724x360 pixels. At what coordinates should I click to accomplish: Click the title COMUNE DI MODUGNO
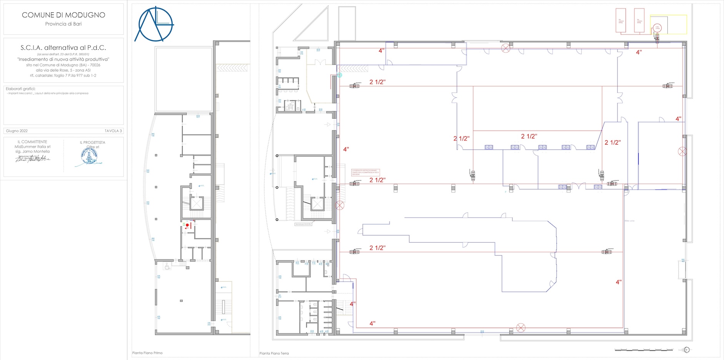[x=63, y=15]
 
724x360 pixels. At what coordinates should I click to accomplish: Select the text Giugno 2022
[x=17, y=131]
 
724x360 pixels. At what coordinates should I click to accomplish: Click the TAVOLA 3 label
[x=113, y=131]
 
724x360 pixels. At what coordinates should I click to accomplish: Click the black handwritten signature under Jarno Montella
[x=33, y=159]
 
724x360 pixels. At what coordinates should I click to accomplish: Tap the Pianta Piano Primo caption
[x=147, y=353]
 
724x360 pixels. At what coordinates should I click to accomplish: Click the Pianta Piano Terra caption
[x=274, y=353]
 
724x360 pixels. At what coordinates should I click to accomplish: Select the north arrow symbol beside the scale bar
[x=687, y=350]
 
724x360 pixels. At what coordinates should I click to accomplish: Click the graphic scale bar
[x=644, y=350]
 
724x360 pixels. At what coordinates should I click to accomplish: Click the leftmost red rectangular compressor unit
[x=621, y=20]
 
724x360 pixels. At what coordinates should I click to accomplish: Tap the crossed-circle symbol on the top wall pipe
[x=505, y=48]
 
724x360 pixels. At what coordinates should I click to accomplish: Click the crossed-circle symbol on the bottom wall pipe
[x=520, y=328]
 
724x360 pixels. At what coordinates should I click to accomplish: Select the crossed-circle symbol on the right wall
[x=682, y=152]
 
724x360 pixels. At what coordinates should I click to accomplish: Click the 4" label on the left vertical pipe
[x=346, y=149]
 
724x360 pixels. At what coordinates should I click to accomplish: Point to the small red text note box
[x=365, y=173]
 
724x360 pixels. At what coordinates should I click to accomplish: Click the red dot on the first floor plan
[x=187, y=225]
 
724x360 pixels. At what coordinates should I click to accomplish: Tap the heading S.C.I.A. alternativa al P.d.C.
[x=63, y=48]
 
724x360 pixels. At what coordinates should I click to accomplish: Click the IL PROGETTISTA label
[x=92, y=142]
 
